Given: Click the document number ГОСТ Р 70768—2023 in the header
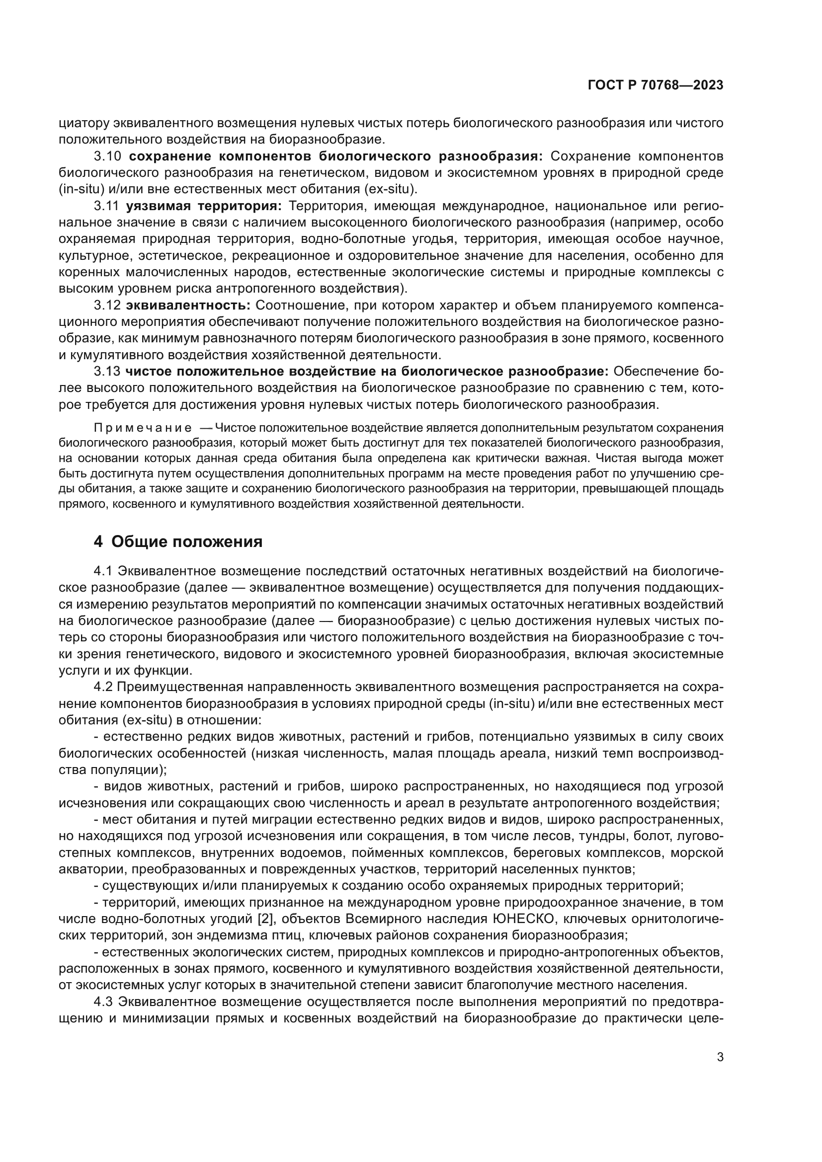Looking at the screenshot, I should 655,85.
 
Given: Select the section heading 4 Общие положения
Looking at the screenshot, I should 178,542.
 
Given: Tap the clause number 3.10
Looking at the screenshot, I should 107,156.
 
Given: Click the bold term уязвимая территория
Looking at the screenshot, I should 204,206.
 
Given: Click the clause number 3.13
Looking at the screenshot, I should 107,372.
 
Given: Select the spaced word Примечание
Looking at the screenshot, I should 143,428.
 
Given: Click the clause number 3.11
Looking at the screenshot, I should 106,206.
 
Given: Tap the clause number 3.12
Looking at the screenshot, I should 107,305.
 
